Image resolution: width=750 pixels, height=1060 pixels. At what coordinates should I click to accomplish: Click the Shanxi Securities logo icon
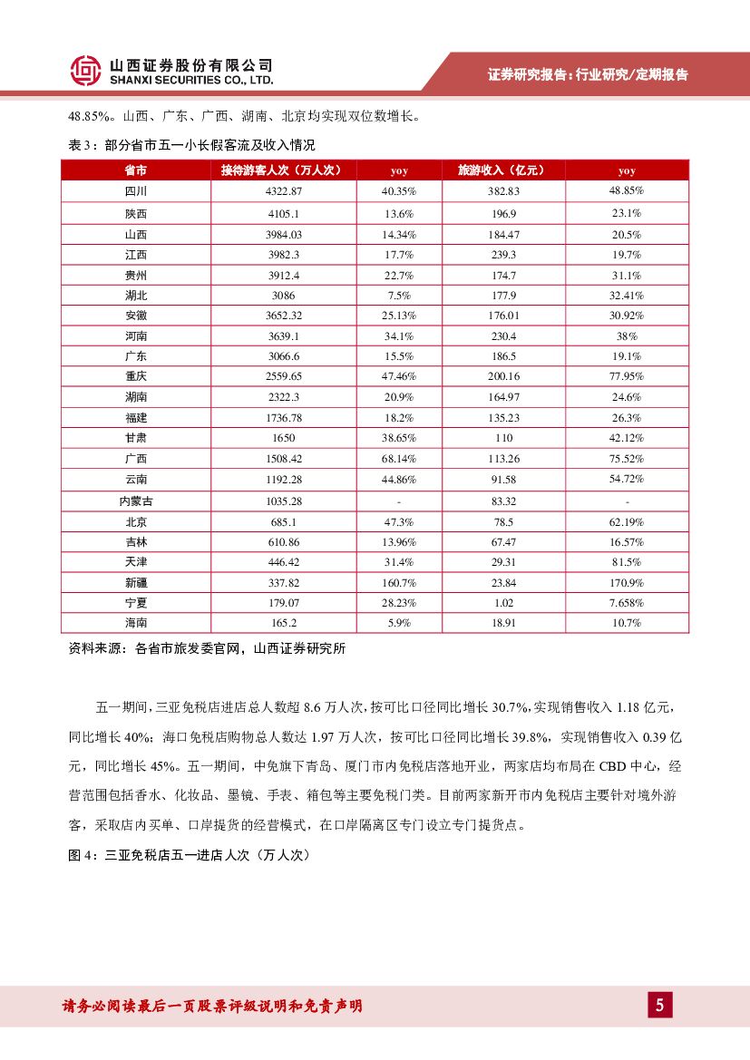click(86, 70)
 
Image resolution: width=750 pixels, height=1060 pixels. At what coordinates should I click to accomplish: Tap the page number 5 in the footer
click(659, 1005)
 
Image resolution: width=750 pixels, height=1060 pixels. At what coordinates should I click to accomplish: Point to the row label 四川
click(136, 191)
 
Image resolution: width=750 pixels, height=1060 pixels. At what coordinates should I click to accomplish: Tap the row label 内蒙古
click(136, 501)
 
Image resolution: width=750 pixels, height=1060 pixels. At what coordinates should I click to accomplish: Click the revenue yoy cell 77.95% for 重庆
click(627, 376)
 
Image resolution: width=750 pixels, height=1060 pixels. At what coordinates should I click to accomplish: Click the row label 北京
click(136, 521)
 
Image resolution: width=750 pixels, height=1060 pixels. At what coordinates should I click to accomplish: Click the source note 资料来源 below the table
click(207, 648)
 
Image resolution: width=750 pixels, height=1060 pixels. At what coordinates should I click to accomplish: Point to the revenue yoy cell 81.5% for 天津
click(627, 562)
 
